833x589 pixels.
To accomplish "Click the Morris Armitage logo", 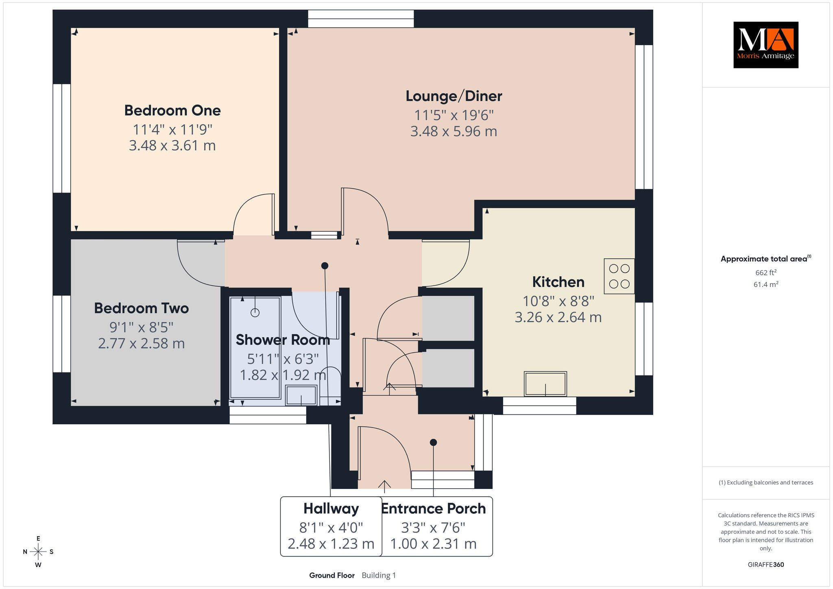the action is (765, 45).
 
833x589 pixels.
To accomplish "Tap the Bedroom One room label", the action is (172, 110).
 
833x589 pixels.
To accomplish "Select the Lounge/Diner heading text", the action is (454, 96).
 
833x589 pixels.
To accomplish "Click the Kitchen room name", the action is (558, 282).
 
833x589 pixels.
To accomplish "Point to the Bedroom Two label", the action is (142, 308).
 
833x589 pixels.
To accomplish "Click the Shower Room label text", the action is (283, 340).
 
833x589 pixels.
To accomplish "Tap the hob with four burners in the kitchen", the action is (619, 276).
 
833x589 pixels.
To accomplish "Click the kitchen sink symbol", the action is (545, 384).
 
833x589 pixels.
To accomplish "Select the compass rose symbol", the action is (38, 552).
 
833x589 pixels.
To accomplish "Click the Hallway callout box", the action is (331, 526).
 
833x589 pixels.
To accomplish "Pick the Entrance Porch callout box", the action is (434, 526).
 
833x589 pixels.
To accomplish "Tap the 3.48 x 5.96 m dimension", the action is (454, 131).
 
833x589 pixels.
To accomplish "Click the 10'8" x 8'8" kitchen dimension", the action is (558, 301).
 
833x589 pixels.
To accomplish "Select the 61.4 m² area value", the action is (766, 284).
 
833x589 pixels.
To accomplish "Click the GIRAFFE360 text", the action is (766, 565).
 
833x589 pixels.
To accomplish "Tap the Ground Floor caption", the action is (332, 575).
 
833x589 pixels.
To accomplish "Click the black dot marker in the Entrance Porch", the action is (434, 442).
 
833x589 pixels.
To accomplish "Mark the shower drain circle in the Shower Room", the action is (255, 313).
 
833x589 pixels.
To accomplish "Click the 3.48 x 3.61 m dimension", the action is (172, 145).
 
